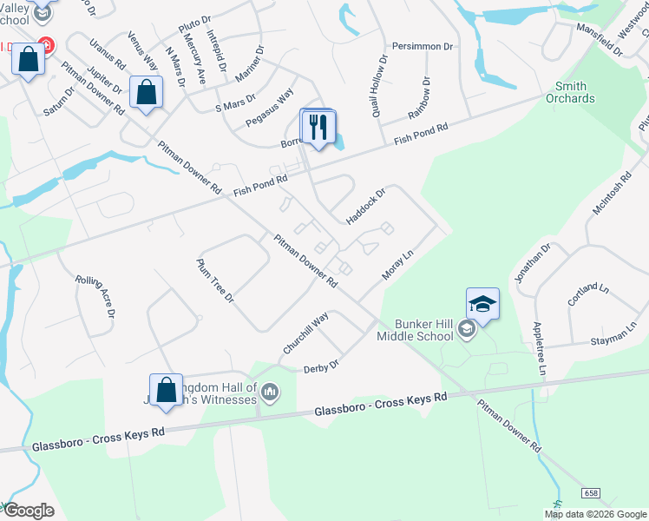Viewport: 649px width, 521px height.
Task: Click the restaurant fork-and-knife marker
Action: click(318, 128)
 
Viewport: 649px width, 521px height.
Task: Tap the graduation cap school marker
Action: click(482, 304)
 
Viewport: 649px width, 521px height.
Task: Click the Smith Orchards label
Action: click(571, 92)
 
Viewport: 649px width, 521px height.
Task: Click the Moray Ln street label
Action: click(399, 264)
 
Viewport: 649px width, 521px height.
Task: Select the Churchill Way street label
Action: click(305, 333)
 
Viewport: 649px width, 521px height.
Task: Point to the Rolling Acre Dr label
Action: click(95, 296)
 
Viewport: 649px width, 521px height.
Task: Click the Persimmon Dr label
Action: click(423, 46)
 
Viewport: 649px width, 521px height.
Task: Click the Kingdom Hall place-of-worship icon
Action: click(271, 393)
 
